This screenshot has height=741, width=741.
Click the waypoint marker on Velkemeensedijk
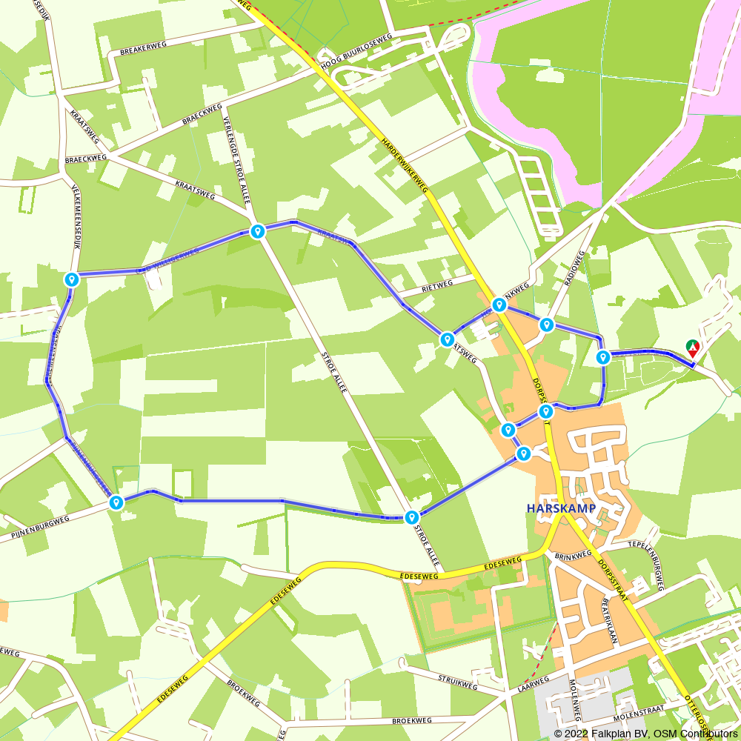pyautogui.click(x=72, y=279)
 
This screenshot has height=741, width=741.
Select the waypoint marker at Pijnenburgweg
pyautogui.click(x=116, y=502)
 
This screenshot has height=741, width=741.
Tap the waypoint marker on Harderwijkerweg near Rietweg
pyautogui.click(x=499, y=305)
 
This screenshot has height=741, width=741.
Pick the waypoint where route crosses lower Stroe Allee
pyautogui.click(x=412, y=516)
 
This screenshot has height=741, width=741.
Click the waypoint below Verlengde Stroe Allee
pyautogui.click(x=257, y=231)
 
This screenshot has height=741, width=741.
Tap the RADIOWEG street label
pyautogui.click(x=574, y=268)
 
